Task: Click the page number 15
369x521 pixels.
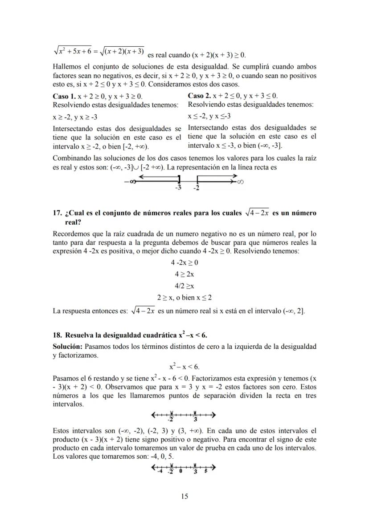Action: (184, 497)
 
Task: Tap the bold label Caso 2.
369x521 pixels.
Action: (199, 96)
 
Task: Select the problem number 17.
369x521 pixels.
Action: (57, 213)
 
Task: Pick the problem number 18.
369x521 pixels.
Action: (57, 335)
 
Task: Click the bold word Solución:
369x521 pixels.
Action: (67, 346)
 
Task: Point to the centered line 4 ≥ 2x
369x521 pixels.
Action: (184, 275)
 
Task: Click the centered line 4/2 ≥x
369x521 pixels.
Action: (184, 286)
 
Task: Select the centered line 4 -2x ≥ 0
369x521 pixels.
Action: (184, 263)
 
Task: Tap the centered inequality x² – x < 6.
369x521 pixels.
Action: (184, 367)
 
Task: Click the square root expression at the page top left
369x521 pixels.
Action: (98, 52)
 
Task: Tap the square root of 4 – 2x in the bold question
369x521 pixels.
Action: (254, 213)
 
